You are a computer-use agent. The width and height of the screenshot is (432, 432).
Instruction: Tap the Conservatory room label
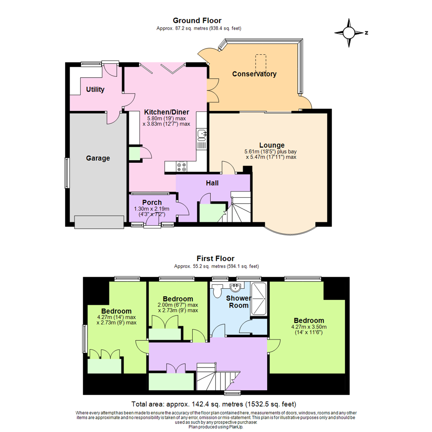click(x=254, y=74)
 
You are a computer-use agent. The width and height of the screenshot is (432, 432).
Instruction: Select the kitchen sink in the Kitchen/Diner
click(x=201, y=133)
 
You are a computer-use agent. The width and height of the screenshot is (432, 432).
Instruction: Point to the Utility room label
click(x=95, y=90)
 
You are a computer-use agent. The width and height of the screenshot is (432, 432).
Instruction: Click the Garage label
click(x=98, y=158)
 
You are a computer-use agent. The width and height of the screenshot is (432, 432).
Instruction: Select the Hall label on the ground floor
click(x=212, y=183)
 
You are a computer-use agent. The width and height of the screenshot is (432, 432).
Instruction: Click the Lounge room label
click(x=272, y=145)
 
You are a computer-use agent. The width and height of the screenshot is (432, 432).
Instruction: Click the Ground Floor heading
click(x=197, y=20)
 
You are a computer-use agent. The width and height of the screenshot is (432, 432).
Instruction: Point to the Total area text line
click(x=214, y=404)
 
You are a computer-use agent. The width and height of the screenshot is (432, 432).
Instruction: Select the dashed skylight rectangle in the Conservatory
click(x=261, y=62)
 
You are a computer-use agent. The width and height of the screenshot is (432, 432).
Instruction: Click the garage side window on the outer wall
click(x=67, y=173)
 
